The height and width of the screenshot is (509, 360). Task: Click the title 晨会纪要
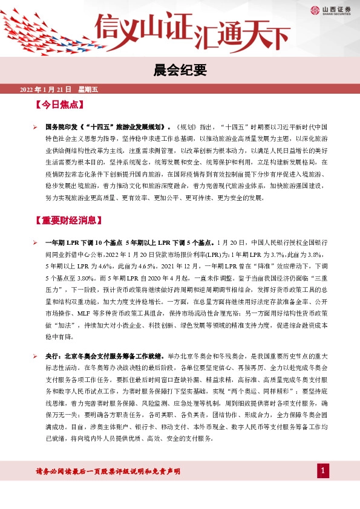click(180, 71)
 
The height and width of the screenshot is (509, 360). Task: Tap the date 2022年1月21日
click(47, 89)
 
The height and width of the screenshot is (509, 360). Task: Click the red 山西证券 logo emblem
click(315, 9)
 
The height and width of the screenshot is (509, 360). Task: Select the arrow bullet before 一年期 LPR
click(36, 242)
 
